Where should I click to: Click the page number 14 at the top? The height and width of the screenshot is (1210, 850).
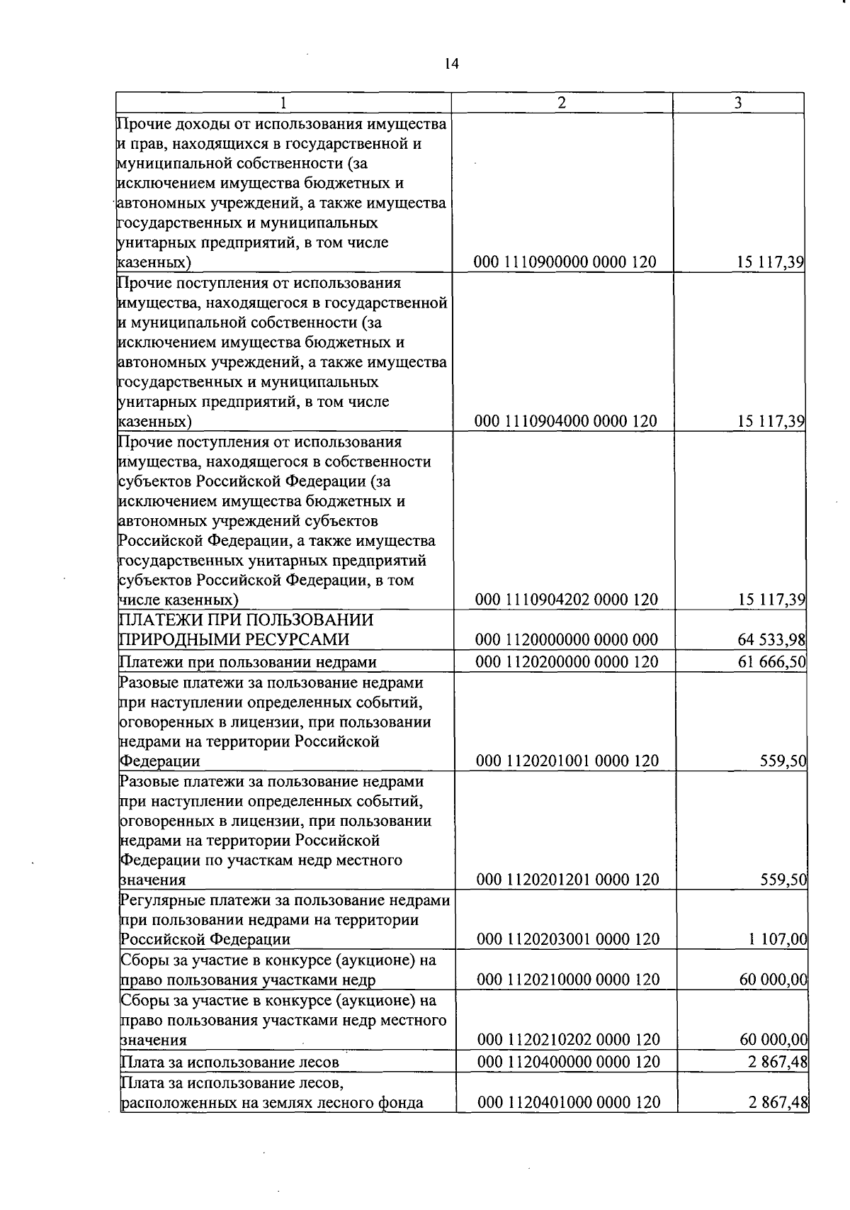click(451, 64)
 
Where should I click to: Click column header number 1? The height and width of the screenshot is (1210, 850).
click(283, 103)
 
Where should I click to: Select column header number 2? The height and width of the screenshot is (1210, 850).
click(561, 103)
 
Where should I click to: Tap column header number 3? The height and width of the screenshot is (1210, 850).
click(737, 103)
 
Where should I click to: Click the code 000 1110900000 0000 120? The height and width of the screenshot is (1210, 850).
click(565, 262)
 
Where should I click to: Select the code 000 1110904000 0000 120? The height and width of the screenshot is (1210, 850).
click(565, 421)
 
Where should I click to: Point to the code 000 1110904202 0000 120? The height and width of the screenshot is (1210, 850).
click(566, 600)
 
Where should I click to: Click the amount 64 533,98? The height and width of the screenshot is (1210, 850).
click(771, 639)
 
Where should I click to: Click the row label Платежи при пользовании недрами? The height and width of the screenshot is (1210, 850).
click(248, 662)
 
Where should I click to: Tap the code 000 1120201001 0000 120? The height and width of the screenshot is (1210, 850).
click(567, 761)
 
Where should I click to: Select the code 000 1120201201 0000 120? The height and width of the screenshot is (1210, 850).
click(567, 880)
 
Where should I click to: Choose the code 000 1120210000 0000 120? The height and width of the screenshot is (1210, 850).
click(568, 980)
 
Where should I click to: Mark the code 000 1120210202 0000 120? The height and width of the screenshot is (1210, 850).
click(568, 1040)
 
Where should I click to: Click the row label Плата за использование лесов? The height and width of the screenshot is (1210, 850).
click(230, 1062)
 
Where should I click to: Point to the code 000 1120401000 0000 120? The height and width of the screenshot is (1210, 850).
click(569, 1102)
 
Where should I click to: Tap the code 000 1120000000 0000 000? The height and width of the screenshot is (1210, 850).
click(567, 639)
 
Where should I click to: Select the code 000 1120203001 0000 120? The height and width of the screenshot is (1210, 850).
click(568, 939)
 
